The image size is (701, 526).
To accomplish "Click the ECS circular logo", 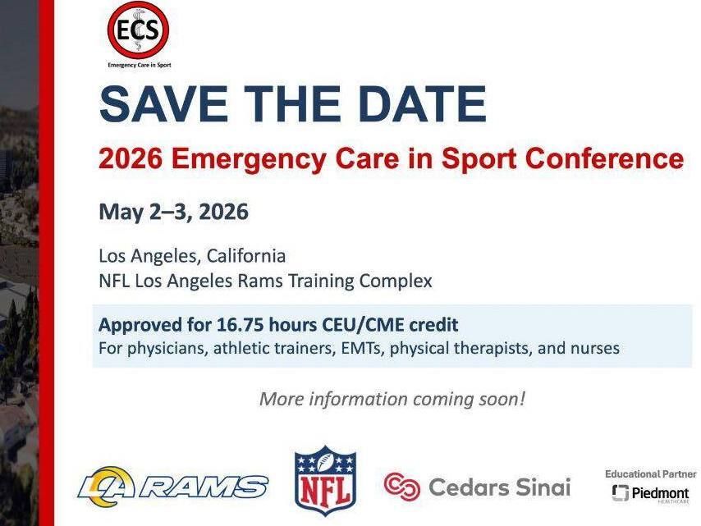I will pyautogui.click(x=138, y=30).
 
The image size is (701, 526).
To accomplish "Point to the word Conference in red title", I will pyautogui.click(x=606, y=158).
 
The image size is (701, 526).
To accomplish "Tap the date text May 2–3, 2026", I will pyautogui.click(x=173, y=212).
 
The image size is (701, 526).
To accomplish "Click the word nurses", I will pyautogui.click(x=593, y=348).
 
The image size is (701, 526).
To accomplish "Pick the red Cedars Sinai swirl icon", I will pyautogui.click(x=402, y=487).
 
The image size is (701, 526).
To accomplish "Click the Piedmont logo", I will pyautogui.click(x=651, y=493).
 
